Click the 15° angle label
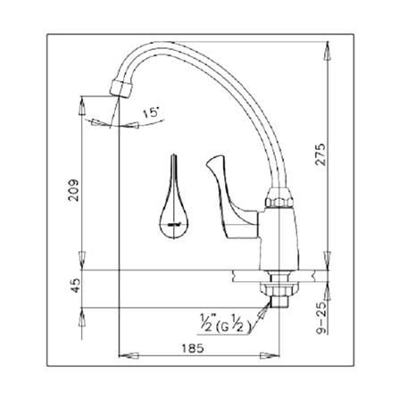(150, 114)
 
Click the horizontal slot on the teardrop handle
(171, 224)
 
